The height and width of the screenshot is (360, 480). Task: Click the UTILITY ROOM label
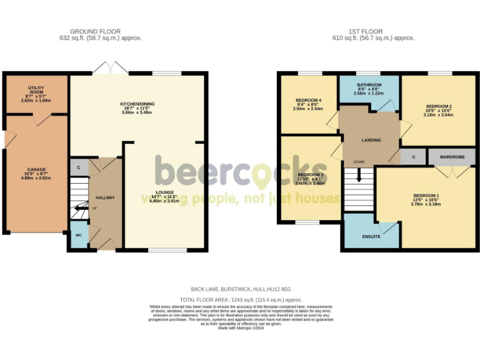click(x=34, y=88)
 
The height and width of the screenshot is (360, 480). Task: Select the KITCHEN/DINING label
click(x=137, y=104)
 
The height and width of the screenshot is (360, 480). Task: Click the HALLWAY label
click(x=105, y=197)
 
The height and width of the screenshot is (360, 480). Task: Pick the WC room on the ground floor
click(x=79, y=236)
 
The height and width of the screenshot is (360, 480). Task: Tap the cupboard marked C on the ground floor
click(x=79, y=167)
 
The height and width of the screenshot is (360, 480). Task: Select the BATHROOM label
click(x=369, y=85)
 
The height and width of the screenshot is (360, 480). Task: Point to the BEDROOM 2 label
click(x=439, y=107)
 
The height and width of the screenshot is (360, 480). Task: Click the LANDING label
click(x=371, y=140)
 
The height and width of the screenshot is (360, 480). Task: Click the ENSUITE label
click(x=371, y=237)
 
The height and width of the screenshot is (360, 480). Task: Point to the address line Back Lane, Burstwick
click(x=240, y=289)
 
